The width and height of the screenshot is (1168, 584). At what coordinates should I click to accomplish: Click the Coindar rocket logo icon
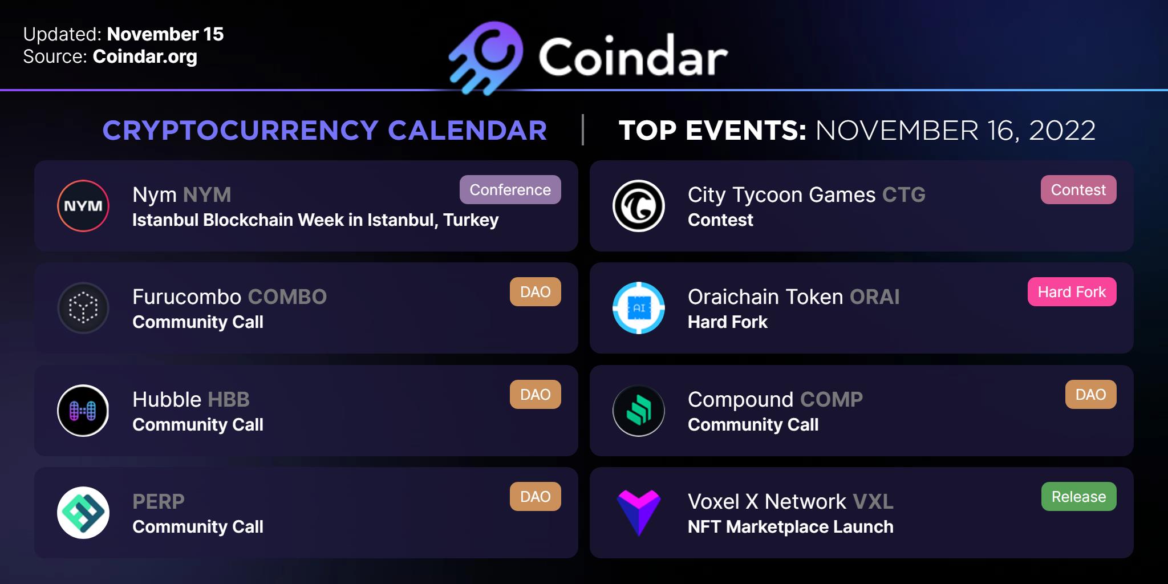click(486, 58)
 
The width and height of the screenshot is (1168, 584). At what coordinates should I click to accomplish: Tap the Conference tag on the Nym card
click(510, 190)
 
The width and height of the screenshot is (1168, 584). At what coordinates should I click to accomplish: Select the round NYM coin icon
click(83, 206)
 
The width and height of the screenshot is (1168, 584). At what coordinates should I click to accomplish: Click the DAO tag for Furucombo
click(535, 292)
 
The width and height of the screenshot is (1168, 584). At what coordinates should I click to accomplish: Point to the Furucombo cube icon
click(83, 308)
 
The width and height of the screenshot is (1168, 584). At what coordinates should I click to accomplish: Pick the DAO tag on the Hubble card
click(535, 395)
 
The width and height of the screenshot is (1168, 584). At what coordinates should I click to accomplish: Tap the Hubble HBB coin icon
click(83, 411)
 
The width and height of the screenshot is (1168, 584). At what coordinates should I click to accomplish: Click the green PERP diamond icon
click(83, 513)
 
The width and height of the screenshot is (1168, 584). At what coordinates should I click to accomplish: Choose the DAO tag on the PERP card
click(535, 497)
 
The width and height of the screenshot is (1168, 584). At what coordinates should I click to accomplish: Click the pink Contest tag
click(1078, 190)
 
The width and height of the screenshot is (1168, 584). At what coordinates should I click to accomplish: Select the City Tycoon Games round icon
click(639, 206)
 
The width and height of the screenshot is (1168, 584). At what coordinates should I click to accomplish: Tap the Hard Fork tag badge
click(1072, 292)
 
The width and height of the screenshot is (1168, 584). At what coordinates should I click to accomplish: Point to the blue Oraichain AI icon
click(639, 308)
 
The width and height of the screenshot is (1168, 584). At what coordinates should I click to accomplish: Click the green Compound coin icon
click(639, 411)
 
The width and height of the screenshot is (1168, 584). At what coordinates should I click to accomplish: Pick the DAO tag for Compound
click(1090, 395)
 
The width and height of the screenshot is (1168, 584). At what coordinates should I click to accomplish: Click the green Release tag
click(1079, 497)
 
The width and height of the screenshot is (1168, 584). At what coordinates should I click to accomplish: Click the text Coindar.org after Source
click(145, 57)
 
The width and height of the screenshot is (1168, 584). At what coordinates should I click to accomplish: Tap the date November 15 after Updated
click(165, 34)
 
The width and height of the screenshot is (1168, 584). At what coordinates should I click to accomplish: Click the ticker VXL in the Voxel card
click(873, 502)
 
